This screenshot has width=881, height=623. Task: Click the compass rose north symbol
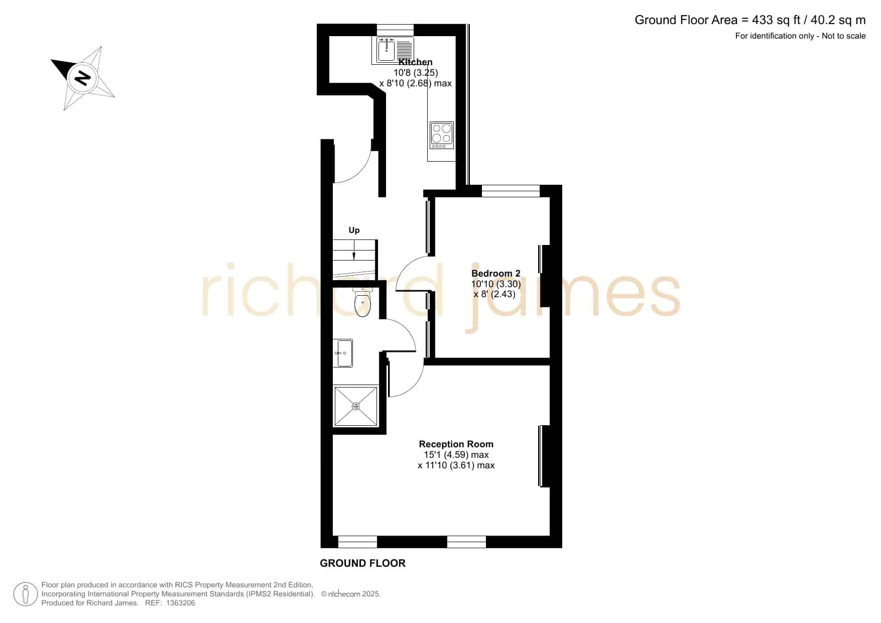coord(83,78)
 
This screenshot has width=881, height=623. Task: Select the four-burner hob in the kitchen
coord(442,135)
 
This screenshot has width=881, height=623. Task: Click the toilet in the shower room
coord(362,302)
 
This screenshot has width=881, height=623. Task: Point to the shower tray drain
coord(356,406)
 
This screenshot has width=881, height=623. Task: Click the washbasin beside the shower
coord(343,353)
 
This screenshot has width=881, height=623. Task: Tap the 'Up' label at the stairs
coord(354,230)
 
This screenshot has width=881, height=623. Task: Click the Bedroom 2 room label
coord(495,274)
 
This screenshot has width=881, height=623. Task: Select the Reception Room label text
coord(456,444)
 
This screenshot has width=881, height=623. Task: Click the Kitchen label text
coord(415,62)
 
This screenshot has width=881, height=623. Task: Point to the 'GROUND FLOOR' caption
coord(362,563)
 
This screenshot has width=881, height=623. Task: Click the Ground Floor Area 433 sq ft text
coord(750,20)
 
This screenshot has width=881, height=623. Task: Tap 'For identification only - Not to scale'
coord(800,36)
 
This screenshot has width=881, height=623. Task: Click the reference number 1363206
coord(178,603)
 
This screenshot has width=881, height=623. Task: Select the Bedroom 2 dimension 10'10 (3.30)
coord(496,284)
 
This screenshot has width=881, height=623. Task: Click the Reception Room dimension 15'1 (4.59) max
coord(456,455)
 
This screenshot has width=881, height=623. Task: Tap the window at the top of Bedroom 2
coord(511,191)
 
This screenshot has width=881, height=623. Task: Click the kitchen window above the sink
coord(395,30)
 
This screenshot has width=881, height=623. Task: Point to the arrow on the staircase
coord(354,250)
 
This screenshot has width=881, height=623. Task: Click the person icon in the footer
coord(25,594)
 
